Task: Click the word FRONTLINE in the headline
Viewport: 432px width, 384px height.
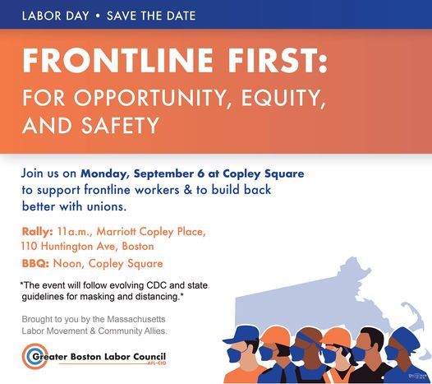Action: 118,60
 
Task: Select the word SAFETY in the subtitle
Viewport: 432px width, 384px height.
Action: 120,125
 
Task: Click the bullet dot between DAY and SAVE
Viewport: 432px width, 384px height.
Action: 98,16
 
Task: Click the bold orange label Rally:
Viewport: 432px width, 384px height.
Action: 38,231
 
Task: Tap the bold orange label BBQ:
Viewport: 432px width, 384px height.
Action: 35,263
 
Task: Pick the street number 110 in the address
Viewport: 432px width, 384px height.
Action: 30,246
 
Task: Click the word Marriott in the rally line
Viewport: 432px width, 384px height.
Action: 116,231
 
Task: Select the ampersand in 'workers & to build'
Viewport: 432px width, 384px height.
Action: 188,190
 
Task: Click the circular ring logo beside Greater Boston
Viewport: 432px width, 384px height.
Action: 34,356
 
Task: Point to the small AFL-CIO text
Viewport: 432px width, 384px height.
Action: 157,363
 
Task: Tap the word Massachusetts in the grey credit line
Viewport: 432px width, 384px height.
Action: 136,319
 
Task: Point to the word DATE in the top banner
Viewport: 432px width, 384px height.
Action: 181,16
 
